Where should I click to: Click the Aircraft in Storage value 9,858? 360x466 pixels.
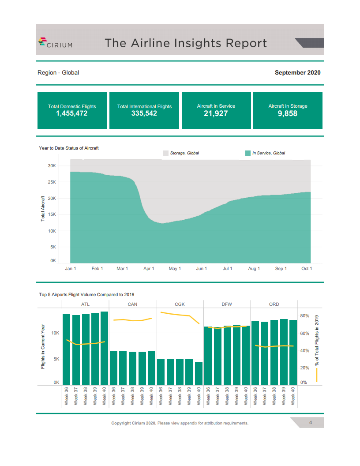[288, 114]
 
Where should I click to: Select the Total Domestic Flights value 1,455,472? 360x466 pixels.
[72, 114]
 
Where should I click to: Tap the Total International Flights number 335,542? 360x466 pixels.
[144, 114]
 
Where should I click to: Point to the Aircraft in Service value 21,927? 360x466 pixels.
[216, 114]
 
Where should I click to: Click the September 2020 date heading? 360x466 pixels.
[297, 73]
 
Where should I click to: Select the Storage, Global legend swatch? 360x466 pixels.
[166, 153]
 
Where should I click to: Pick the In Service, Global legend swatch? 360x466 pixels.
[248, 153]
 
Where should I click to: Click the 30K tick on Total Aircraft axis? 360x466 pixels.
[52, 166]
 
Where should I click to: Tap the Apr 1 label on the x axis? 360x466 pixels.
[149, 269]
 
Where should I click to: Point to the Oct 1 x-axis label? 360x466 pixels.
[307, 269]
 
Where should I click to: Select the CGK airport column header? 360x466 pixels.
[180, 304]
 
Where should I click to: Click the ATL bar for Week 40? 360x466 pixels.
[105, 348]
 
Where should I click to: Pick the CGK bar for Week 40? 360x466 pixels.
[199, 373]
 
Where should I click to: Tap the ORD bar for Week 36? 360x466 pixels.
[255, 353]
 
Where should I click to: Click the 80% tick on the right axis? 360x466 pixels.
[304, 316]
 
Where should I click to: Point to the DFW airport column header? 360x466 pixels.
[227, 304]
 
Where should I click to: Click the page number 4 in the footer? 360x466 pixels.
[311, 423]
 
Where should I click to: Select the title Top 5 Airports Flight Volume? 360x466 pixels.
[86, 294]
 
